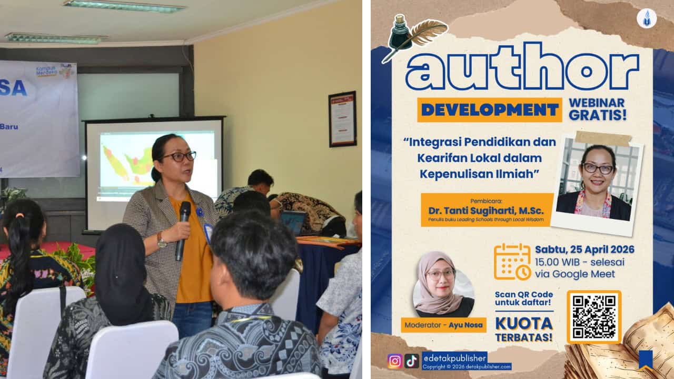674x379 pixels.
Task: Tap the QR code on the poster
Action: pos(594,316)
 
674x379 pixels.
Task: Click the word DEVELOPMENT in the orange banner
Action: pos(490,109)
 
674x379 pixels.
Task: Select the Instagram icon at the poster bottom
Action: pos(394,361)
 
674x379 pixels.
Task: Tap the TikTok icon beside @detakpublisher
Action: pos(411,361)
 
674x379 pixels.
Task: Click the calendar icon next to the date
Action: pos(512,262)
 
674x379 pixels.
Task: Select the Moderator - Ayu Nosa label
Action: pos(443,325)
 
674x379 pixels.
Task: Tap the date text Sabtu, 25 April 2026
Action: pos(584,250)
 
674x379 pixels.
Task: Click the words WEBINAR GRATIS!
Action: pos(598,109)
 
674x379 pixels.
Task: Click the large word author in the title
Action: pos(521,67)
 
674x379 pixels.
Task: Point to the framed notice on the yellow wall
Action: pos(342,119)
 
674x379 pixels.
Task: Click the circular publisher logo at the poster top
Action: pos(646,18)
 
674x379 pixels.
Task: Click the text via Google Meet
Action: pos(574,274)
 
